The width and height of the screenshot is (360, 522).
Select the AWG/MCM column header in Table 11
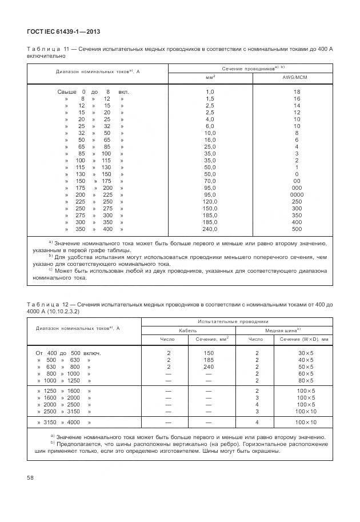click(x=296, y=77)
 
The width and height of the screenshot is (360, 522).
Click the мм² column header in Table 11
click(x=210, y=77)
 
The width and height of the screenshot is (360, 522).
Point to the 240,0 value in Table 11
click(x=210, y=229)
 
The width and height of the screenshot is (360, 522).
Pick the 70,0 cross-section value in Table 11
click(x=210, y=181)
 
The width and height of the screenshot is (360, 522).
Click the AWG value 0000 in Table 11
click(x=296, y=195)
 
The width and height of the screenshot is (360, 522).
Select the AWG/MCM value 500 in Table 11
click(x=296, y=229)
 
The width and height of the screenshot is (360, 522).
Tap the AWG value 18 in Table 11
click(x=296, y=92)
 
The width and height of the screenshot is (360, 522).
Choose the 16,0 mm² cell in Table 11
click(x=210, y=140)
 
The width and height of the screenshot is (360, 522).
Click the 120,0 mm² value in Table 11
click(x=210, y=202)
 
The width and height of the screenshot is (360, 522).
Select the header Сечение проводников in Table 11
click(x=249, y=68)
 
